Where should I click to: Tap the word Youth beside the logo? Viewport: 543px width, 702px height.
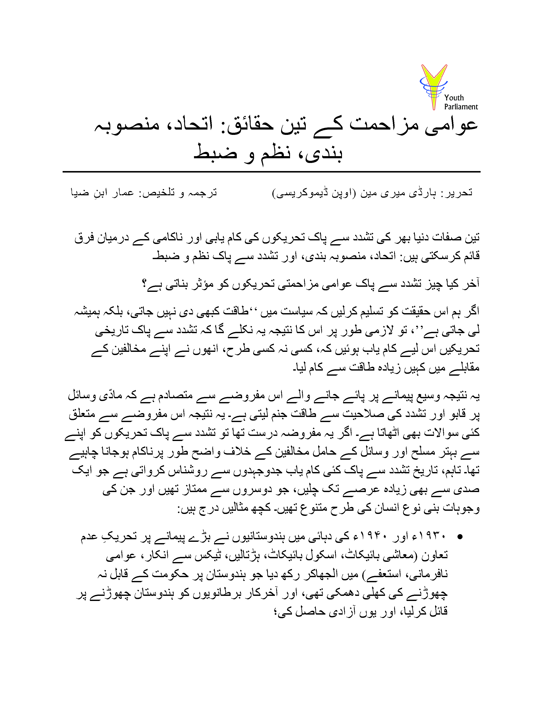click(454, 98)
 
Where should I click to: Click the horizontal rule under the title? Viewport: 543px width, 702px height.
click(271, 172)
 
